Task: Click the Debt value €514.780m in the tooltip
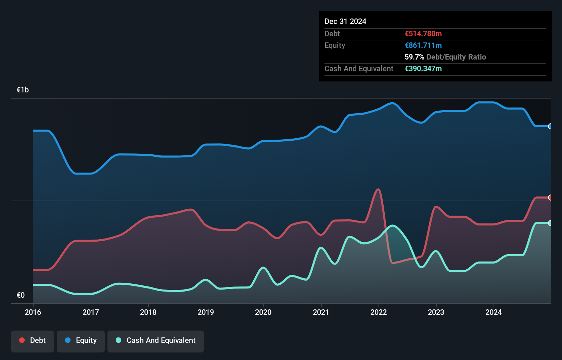pos(423,34)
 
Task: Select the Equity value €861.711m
pos(423,46)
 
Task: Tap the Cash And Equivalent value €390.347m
pos(423,69)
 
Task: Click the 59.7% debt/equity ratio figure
pos(414,57)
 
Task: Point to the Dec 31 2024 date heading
pos(345,22)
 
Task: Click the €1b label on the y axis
pos(23,90)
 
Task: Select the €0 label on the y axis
pos(21,295)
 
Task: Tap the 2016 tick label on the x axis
pos(33,312)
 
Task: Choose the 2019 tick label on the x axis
pos(206,312)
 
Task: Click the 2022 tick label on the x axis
pos(379,312)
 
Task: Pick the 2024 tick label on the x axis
pos(494,312)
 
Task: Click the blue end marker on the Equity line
pos(550,126)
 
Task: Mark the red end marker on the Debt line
pos(550,197)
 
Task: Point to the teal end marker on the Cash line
pos(550,223)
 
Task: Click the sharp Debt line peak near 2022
pos(378,189)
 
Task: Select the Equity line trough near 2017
pos(82,173)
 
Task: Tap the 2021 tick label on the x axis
pos(321,312)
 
